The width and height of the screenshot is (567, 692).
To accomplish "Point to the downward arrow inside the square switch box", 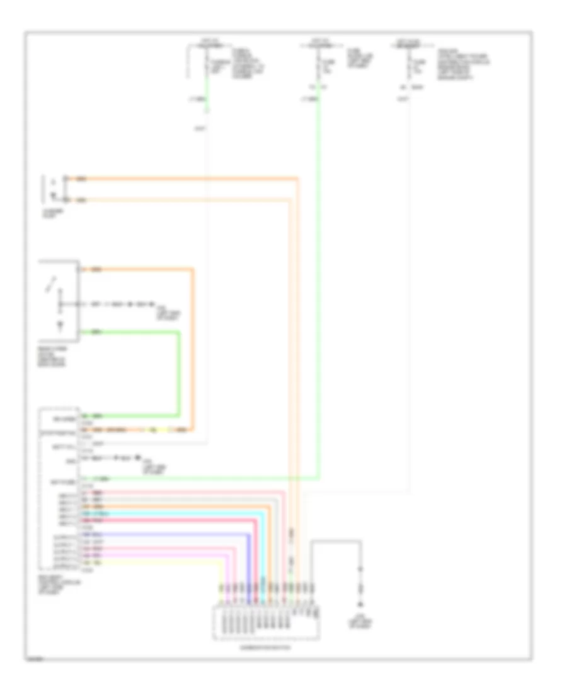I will click(x=60, y=325).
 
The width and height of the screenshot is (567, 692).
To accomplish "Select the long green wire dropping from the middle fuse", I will click(x=319, y=283).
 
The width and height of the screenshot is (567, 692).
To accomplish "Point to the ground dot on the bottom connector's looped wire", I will click(x=361, y=569).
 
